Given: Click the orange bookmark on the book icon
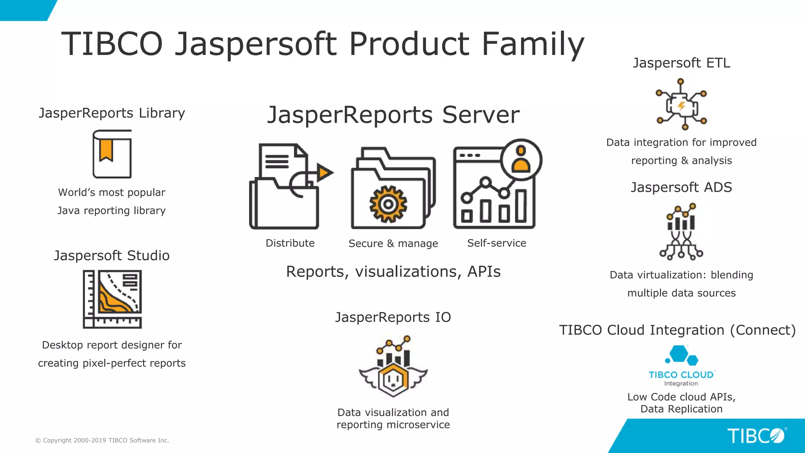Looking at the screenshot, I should coord(106,151).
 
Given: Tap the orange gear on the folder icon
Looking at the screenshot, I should coord(388,204).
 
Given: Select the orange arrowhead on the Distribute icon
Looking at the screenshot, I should coord(325,172).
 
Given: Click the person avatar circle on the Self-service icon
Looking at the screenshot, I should coord(521,160).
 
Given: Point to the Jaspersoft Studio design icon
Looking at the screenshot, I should coord(112,299).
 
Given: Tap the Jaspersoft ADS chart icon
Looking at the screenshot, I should coord(681,232).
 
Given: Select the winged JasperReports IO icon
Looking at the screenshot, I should coord(393,367).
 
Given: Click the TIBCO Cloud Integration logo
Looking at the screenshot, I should coord(681,366).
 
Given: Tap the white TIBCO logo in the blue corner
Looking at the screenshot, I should coord(756,436).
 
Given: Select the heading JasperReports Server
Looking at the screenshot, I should coord(393,115).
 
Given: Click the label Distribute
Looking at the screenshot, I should coord(290,243).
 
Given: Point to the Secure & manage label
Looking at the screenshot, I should coord(393,243).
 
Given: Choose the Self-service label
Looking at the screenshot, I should coord(496,243).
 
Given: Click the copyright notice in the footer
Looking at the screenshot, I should coord(102,440).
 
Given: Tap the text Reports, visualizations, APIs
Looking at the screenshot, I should coord(393,272).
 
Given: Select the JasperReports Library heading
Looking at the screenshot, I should coord(112,113).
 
